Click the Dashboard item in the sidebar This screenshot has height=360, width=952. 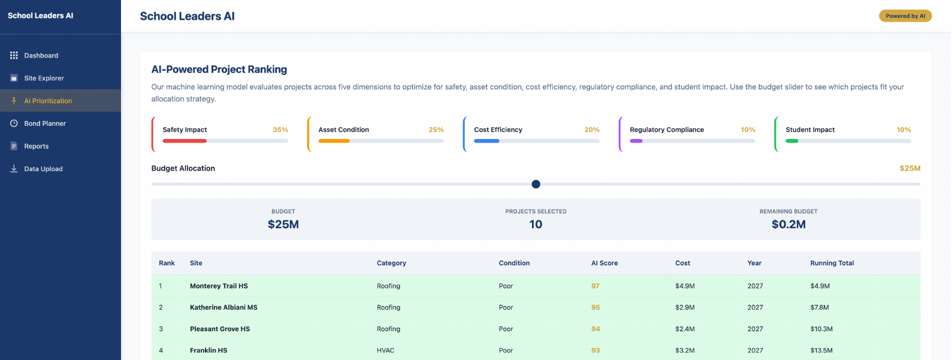point(41,56)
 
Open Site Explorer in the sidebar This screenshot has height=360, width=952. point(44,78)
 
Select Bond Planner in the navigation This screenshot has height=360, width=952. point(45,123)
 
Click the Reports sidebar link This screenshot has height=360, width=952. point(36,146)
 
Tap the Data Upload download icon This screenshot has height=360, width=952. point(14,169)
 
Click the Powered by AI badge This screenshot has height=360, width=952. point(905,16)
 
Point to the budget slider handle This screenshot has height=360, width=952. point(536,184)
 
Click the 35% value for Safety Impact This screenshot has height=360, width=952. point(280,130)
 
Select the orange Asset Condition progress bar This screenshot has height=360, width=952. point(334,141)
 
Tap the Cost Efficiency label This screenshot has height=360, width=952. point(498,130)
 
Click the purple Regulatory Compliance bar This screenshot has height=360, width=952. point(636,141)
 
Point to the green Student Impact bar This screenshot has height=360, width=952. point(791,141)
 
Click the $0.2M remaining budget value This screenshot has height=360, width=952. point(788,225)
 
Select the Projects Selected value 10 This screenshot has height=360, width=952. point(536,225)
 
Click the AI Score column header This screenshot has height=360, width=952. point(604,263)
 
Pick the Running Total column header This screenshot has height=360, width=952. point(832,263)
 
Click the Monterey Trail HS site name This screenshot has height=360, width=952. point(219,286)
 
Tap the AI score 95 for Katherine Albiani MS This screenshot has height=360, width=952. point(595,308)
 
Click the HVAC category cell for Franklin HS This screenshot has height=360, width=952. point(385,350)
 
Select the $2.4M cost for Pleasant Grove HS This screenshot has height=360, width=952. point(685,329)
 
